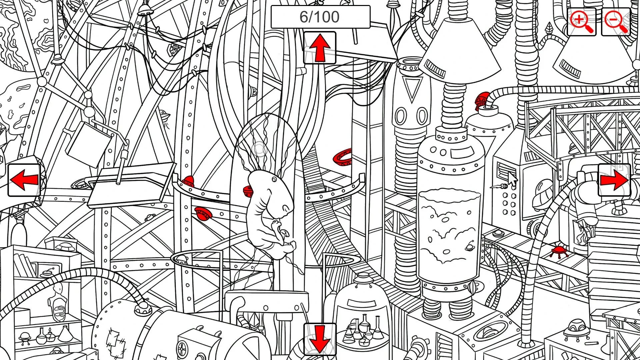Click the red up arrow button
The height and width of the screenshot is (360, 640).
[319, 48]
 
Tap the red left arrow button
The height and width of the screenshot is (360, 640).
[24, 180]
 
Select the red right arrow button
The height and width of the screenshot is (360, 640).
[614, 180]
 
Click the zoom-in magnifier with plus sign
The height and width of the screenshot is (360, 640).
[581, 22]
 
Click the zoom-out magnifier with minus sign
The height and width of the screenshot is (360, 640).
[616, 22]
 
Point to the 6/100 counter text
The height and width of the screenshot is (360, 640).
[320, 17]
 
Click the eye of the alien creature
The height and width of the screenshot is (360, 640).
[274, 179]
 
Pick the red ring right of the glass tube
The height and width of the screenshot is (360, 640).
[343, 157]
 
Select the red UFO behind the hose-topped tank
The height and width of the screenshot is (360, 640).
[482, 100]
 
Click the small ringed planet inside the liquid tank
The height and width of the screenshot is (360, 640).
[470, 246]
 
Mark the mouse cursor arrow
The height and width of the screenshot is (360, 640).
[512, 179]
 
